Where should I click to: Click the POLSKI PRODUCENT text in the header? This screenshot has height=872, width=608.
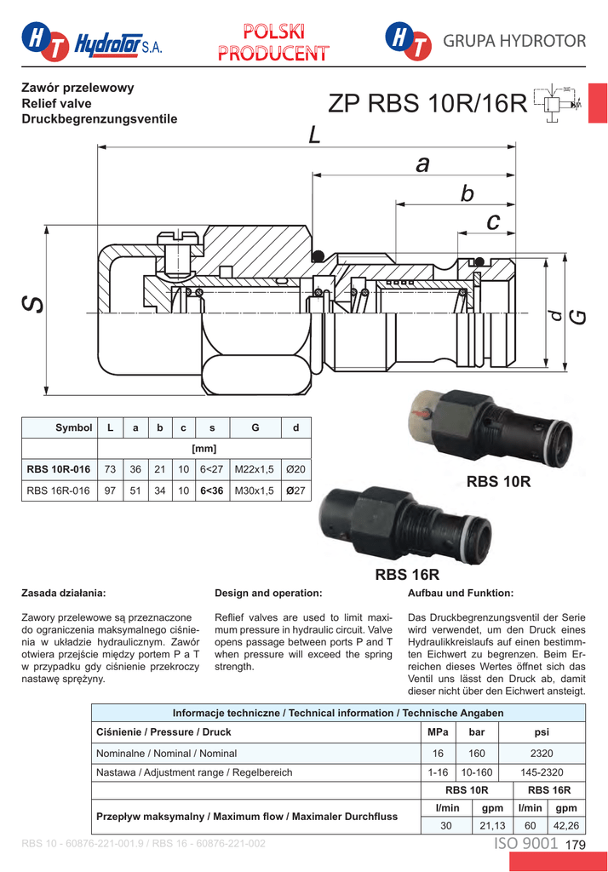coord(272,42)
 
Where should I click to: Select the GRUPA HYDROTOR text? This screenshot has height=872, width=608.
coord(514,41)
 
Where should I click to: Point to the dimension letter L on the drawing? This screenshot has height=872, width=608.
coord(314,135)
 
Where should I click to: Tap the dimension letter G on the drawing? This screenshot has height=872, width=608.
coord(578,316)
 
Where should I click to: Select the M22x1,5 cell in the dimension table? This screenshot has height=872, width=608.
coord(255,468)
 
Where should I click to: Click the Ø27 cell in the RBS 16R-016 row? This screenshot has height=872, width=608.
coord(295,490)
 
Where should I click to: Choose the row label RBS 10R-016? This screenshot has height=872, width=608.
coord(59,468)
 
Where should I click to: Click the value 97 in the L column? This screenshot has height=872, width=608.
coord(110,490)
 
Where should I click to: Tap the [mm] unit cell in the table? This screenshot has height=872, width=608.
coord(204,448)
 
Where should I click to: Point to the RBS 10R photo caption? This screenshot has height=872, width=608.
coord(498,482)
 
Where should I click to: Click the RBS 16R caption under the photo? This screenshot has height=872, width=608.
coord(407,575)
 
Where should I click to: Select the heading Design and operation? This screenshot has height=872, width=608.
coord(268,592)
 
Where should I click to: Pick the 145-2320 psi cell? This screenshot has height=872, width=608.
coord(542,772)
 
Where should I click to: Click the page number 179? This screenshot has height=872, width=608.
coord(576,845)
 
